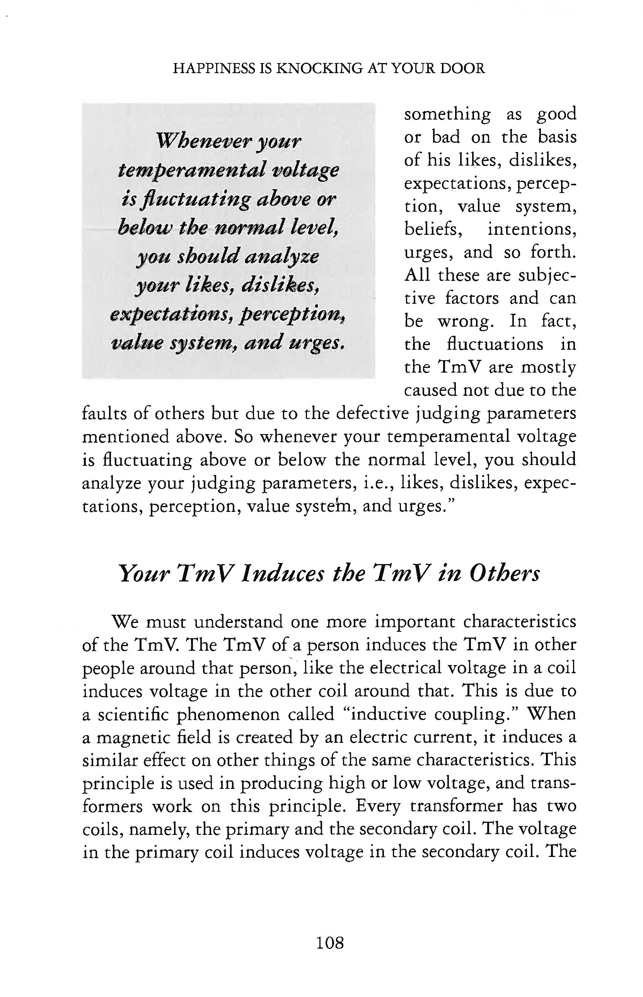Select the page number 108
tap(330, 942)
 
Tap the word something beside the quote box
tap(447, 114)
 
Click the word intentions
tap(532, 229)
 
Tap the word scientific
tap(133, 714)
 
